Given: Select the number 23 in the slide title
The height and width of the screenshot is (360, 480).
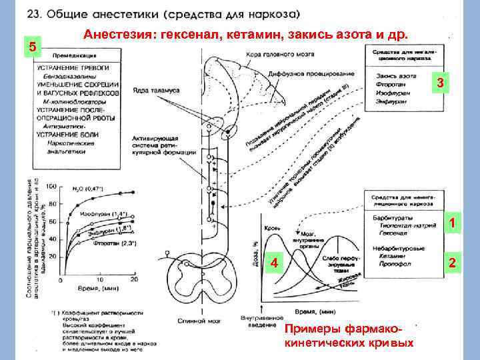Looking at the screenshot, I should tap(34, 14).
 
